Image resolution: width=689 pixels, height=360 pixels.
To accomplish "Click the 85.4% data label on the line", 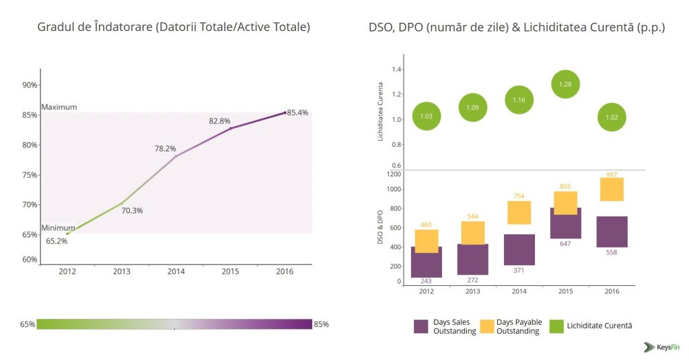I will click(297, 113).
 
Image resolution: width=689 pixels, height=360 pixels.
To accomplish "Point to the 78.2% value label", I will click(165, 149).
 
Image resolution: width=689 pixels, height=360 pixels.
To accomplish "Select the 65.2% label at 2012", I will click(57, 241).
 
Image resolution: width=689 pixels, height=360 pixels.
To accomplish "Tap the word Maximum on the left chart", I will click(59, 107).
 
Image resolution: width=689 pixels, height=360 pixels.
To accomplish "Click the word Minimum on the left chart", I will click(59, 228).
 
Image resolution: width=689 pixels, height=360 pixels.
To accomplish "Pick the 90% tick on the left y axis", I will click(30, 85).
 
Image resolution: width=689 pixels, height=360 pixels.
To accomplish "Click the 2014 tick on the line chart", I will click(176, 271).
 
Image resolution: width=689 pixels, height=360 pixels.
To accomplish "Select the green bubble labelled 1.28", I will click(565, 84).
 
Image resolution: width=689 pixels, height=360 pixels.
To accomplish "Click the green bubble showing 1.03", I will click(426, 116).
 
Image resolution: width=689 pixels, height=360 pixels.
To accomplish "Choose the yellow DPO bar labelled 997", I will click(612, 189).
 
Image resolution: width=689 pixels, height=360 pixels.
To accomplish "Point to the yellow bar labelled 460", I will click(427, 241).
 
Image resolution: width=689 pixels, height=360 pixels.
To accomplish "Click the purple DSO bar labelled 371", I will click(519, 250).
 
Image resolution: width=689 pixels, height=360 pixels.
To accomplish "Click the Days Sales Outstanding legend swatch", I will click(421, 326).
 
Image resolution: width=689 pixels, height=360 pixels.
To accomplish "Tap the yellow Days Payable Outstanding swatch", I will click(488, 326).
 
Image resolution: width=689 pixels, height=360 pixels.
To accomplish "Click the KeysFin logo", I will click(662, 347).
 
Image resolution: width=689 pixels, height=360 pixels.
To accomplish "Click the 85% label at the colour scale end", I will click(322, 324).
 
